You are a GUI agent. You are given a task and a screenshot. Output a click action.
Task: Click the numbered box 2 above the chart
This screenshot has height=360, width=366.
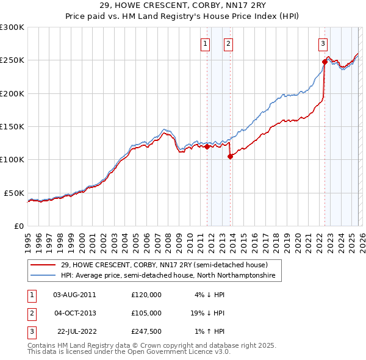(228, 43)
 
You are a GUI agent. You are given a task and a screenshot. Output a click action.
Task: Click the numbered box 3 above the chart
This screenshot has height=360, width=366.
(322, 43)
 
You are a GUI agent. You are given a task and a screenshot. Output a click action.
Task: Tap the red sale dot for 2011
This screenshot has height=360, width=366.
(207, 146)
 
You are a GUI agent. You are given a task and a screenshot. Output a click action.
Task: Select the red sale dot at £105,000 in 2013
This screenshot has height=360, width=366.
(230, 156)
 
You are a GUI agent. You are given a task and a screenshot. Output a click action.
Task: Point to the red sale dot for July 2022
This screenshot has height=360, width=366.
(325, 62)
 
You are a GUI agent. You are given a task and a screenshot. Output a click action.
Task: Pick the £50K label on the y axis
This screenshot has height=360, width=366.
(15, 193)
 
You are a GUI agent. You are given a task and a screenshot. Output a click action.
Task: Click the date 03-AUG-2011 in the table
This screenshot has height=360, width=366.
(74, 295)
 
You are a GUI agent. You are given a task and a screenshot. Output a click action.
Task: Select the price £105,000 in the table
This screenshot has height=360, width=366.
(146, 312)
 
